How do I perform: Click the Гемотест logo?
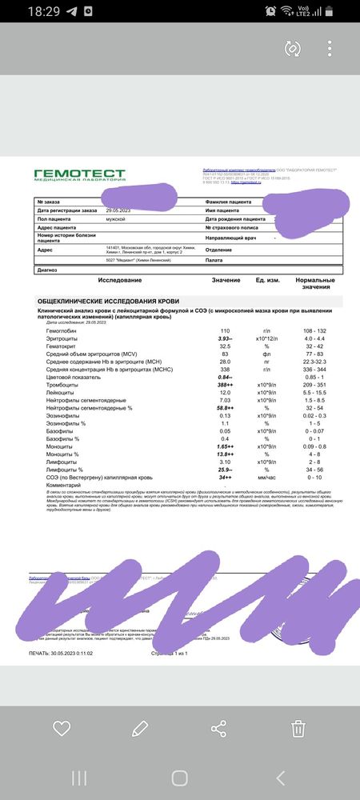[79, 175]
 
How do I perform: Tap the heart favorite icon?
[62, 728]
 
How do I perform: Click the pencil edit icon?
[140, 728]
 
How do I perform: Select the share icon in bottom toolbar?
[218, 728]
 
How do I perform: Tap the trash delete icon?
[298, 728]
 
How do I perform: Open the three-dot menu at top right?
[330, 49]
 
